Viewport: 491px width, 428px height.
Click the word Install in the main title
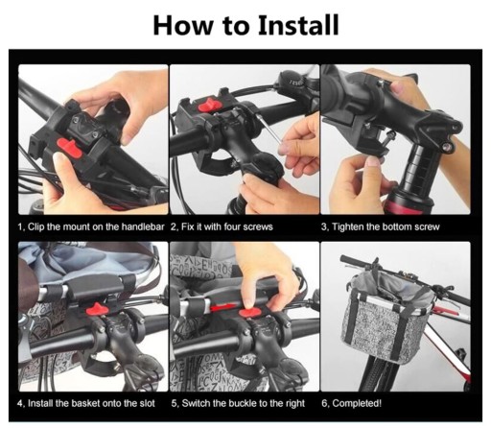(x=298, y=25)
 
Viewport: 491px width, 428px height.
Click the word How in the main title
(x=182, y=25)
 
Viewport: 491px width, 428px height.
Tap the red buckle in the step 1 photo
(x=70, y=148)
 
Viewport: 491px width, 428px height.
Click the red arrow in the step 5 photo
(x=223, y=308)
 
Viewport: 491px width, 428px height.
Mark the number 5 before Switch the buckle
(x=174, y=403)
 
